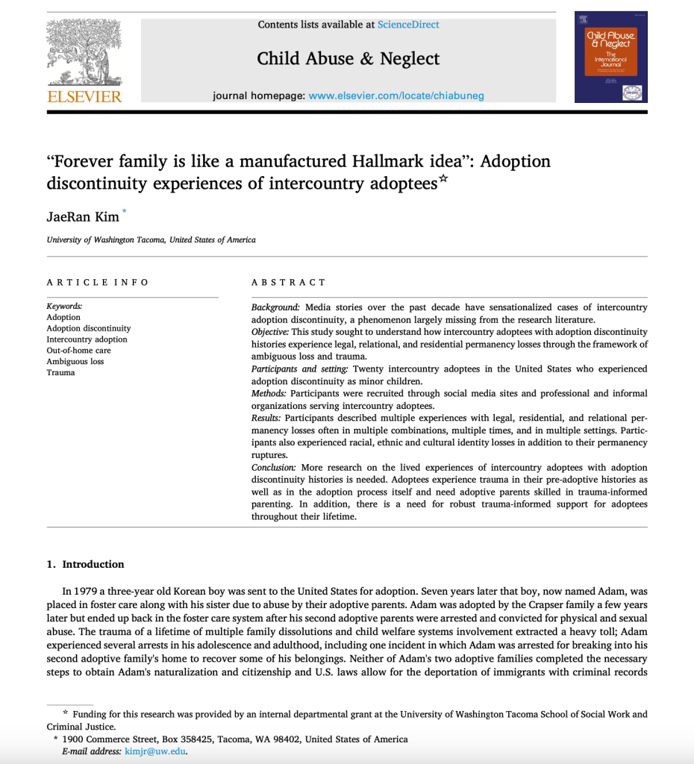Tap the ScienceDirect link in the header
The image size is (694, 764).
tap(408, 25)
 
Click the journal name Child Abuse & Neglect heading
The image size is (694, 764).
tap(348, 59)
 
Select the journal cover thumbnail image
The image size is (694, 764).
tap(610, 57)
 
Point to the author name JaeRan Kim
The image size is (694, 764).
tap(82, 216)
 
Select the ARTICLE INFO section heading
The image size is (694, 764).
tap(98, 282)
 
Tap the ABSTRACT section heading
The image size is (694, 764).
tap(289, 282)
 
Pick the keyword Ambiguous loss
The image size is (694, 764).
tap(75, 361)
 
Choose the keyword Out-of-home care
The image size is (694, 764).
tap(78, 350)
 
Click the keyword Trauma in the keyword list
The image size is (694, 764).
tap(60, 372)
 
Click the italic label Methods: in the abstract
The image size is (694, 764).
tap(269, 393)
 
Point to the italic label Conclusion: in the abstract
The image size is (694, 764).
tap(274, 467)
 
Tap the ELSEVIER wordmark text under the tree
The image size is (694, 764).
tap(84, 97)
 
